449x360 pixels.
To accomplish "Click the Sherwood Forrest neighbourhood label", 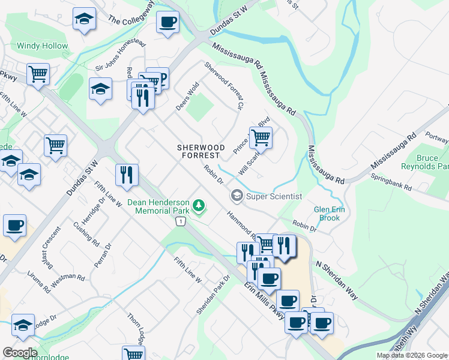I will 200,151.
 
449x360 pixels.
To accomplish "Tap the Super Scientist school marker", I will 237,196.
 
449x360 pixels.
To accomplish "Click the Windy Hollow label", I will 42,46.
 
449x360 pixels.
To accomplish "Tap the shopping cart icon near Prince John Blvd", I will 261,138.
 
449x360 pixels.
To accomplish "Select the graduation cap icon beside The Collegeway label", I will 84,19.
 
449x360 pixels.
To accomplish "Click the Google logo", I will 20,353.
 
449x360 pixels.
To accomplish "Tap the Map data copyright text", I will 412,355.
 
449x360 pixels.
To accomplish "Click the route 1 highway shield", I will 179,222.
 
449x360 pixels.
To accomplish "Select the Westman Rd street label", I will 68,278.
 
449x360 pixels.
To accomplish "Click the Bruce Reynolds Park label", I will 432,162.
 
